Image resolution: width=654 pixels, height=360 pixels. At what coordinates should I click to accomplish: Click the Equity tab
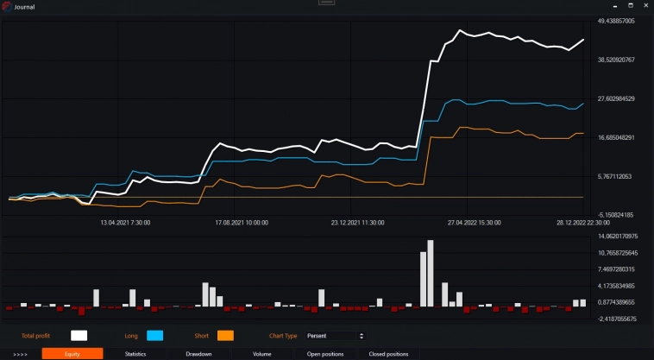(x=72, y=354)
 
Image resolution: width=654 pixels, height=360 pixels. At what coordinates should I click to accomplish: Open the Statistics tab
(x=135, y=354)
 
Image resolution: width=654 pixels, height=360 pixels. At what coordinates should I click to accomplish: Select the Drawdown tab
(x=199, y=354)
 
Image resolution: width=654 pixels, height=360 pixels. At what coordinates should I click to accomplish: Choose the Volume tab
(x=262, y=354)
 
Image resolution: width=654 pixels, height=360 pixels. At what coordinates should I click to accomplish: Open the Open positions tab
(x=325, y=354)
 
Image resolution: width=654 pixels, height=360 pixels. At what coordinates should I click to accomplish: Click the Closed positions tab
(x=388, y=354)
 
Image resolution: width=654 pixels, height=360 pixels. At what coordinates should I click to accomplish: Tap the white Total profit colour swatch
(x=79, y=335)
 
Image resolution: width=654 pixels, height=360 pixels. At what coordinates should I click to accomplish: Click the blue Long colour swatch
(x=155, y=335)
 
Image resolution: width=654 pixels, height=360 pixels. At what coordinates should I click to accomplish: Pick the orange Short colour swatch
(x=226, y=335)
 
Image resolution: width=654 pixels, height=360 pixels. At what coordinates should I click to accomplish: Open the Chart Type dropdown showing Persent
(x=336, y=335)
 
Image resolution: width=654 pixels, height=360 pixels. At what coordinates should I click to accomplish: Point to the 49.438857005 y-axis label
(x=616, y=22)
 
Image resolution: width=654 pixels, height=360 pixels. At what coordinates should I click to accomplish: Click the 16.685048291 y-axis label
(x=616, y=137)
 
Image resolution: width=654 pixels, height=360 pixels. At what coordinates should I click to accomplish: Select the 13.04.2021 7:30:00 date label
(x=125, y=223)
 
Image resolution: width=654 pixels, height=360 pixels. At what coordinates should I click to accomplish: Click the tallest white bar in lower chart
(x=431, y=273)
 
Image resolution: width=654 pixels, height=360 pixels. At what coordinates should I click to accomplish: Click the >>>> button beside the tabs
(x=21, y=354)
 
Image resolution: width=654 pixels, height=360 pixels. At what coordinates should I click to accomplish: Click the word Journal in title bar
(x=25, y=7)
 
